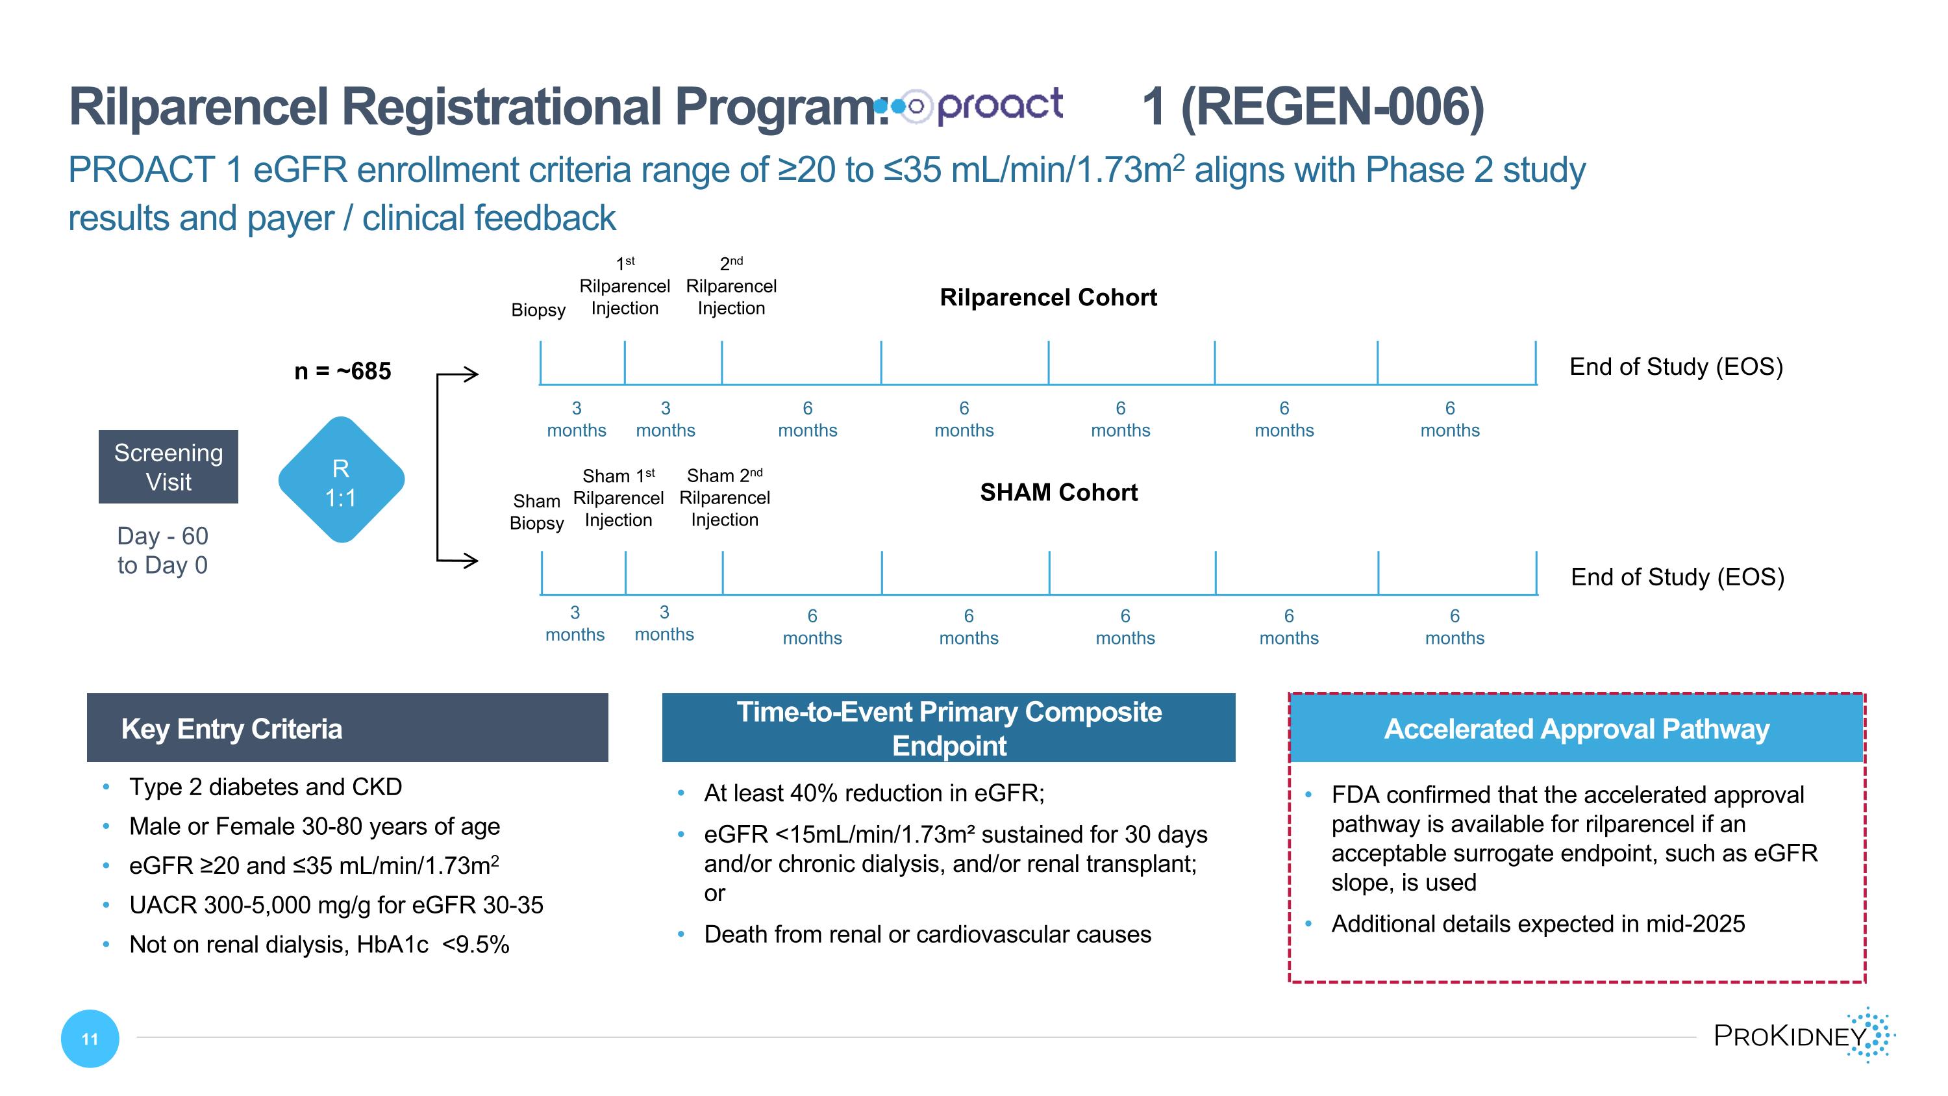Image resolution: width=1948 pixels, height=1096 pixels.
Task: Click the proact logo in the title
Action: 975,106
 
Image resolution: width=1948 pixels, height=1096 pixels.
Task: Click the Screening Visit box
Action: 168,466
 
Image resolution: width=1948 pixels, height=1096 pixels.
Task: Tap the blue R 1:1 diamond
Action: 341,480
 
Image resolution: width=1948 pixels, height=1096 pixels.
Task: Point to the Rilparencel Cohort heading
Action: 1047,298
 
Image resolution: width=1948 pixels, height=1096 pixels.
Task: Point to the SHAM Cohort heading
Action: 1058,492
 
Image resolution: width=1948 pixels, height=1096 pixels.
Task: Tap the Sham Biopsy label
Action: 536,512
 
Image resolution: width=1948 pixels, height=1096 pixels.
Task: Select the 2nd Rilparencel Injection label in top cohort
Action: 730,287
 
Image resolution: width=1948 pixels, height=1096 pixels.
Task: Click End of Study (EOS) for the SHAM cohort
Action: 1677,577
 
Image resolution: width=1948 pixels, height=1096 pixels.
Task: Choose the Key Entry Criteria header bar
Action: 347,728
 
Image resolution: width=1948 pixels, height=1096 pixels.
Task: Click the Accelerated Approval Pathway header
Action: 1576,728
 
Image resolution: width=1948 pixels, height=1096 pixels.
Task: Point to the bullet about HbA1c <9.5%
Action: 318,945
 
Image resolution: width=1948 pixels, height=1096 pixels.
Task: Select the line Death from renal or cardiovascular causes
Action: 927,935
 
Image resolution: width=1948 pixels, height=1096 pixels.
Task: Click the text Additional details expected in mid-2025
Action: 1538,924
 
